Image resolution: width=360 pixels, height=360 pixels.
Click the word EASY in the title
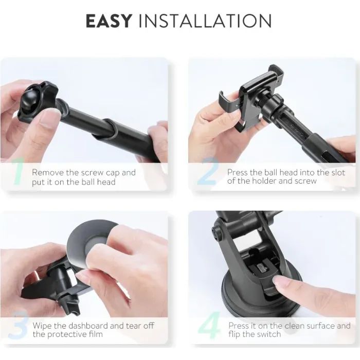(x=109, y=21)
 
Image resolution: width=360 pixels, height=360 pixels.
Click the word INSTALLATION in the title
(x=206, y=21)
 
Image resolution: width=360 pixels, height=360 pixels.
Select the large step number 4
(x=208, y=326)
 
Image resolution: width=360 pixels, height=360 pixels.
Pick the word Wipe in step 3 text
(x=43, y=326)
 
